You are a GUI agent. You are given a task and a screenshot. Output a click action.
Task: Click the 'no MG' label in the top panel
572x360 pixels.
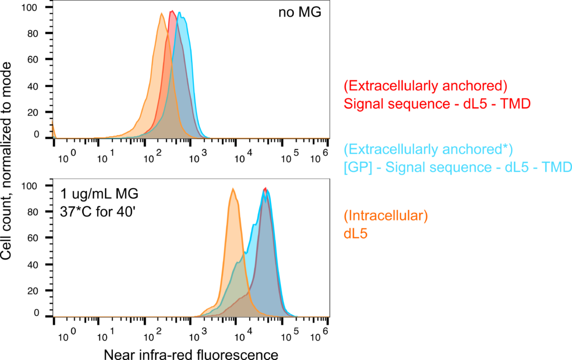click(300, 12)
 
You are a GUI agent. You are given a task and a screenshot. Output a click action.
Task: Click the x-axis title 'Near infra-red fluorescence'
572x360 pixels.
click(191, 354)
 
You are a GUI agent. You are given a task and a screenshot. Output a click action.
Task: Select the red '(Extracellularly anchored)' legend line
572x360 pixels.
click(426, 86)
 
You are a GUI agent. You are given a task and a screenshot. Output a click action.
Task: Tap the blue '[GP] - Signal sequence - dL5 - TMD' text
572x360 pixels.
click(457, 166)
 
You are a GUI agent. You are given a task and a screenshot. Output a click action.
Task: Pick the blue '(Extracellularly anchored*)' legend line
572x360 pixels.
click(428, 149)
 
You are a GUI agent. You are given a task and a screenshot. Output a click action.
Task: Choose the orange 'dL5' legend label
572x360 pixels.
click(355, 234)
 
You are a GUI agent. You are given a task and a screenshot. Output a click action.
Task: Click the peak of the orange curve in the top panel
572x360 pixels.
click(161, 13)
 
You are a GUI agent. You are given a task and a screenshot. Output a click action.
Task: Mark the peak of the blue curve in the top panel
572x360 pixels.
click(180, 12)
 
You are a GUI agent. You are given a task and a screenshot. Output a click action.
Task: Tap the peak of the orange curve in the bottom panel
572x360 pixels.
click(233, 189)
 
